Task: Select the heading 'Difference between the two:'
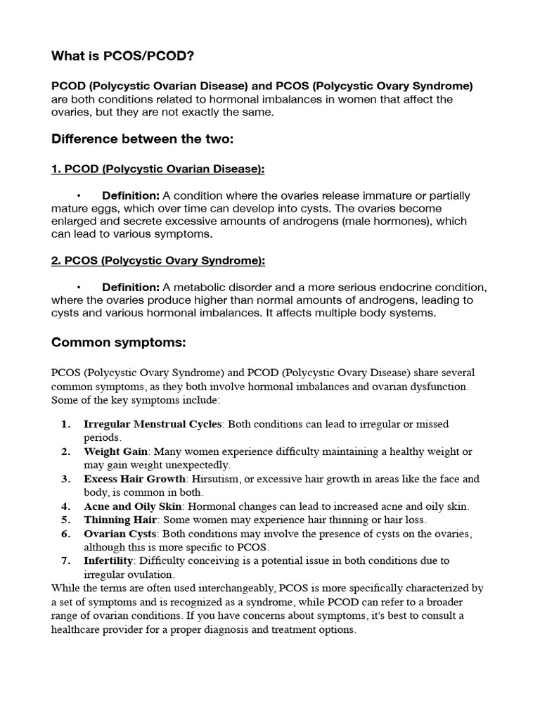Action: (x=142, y=139)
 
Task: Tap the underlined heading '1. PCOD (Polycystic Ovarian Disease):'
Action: (x=158, y=169)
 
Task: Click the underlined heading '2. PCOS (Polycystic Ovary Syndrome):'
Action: (x=158, y=261)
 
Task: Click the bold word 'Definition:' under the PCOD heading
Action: (x=131, y=195)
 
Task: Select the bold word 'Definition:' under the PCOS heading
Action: (x=131, y=288)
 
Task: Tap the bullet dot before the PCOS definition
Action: (x=80, y=288)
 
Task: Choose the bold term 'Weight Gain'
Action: (x=115, y=451)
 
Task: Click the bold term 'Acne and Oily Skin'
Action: (x=133, y=506)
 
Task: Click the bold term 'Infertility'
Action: (x=109, y=560)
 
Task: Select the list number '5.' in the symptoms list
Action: (x=66, y=520)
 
